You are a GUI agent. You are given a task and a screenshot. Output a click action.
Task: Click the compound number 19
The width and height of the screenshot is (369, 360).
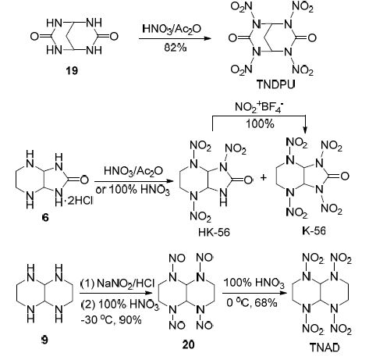pyautogui.click(x=72, y=70)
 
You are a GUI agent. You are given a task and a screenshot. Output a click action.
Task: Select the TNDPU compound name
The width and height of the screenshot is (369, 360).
pyautogui.click(x=276, y=84)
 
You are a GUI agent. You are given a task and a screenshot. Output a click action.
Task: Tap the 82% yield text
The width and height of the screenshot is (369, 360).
pyautogui.click(x=176, y=48)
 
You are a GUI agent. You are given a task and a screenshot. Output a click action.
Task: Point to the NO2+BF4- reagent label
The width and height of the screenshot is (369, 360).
pyautogui.click(x=259, y=107)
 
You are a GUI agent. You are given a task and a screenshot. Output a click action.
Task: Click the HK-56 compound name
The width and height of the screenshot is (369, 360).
pyautogui.click(x=214, y=232)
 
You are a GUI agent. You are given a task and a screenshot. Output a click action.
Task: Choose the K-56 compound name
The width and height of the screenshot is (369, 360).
pyautogui.click(x=314, y=230)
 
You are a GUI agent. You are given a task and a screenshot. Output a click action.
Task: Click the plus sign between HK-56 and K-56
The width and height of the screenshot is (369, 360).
pyautogui.click(x=264, y=177)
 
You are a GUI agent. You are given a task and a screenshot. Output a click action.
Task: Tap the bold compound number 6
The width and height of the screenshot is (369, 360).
pyautogui.click(x=45, y=217)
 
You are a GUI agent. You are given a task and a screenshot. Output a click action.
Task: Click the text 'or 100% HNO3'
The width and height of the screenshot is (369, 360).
pyautogui.click(x=133, y=191)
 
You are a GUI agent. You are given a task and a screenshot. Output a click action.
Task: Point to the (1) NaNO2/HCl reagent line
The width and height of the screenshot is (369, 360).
pyautogui.click(x=118, y=283)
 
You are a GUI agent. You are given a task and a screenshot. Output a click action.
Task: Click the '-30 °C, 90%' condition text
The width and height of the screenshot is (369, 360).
pyautogui.click(x=112, y=319)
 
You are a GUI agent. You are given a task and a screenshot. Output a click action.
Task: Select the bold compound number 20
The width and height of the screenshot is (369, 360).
pyautogui.click(x=188, y=344)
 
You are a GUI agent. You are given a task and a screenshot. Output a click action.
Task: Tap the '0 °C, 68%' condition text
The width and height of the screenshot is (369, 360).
pyautogui.click(x=252, y=302)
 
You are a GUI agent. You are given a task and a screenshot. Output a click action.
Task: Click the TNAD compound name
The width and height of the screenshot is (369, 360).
pyautogui.click(x=325, y=348)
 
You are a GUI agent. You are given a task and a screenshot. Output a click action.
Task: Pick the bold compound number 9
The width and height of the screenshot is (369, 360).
pyautogui.click(x=44, y=340)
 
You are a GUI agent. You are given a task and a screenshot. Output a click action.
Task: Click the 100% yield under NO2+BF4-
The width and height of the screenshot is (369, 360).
pyautogui.click(x=260, y=123)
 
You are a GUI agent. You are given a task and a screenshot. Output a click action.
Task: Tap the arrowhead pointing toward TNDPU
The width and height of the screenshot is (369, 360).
pyautogui.click(x=207, y=38)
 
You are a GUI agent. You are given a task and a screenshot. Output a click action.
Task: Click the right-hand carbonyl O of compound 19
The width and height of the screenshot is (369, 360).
pyautogui.click(x=114, y=36)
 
